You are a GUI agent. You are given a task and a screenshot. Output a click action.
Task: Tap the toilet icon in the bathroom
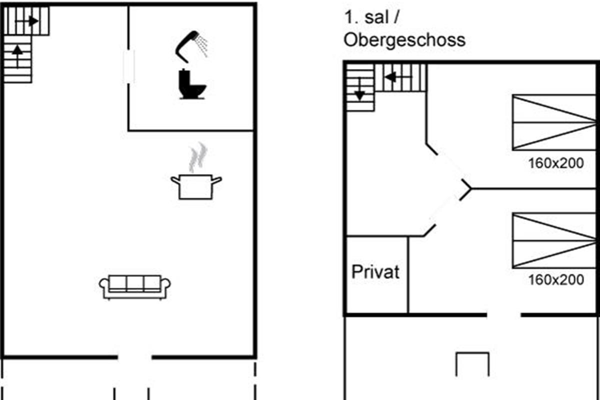pyautogui.click(x=192, y=84)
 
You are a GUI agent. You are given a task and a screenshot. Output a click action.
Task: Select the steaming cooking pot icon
pyautogui.click(x=196, y=186)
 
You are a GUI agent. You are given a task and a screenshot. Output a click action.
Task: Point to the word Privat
pyautogui.click(x=375, y=272)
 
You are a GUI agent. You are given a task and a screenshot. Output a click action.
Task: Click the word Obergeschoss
pyautogui.click(x=404, y=40)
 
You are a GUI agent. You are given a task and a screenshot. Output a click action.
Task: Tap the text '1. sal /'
pyautogui.click(x=372, y=17)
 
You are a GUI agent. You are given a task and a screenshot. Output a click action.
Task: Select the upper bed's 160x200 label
pyautogui.click(x=556, y=163)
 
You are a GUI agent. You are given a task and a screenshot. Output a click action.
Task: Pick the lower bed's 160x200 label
pyautogui.click(x=556, y=280)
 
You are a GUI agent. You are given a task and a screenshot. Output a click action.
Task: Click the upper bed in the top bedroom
pyautogui.click(x=554, y=122)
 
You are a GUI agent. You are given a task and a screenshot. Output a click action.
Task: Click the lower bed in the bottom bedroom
pyautogui.click(x=554, y=240)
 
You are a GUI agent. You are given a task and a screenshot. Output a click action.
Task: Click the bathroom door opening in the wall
pyautogui.click(x=128, y=66)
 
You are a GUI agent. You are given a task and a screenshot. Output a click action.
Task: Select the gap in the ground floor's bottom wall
pyautogui.click(x=134, y=357)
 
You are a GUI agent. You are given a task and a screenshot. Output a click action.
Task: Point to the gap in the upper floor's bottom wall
pyautogui.click(x=503, y=315)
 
